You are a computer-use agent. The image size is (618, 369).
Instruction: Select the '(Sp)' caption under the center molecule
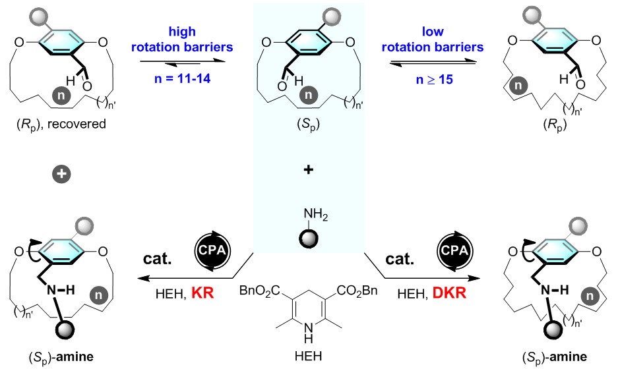pos(309,123)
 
